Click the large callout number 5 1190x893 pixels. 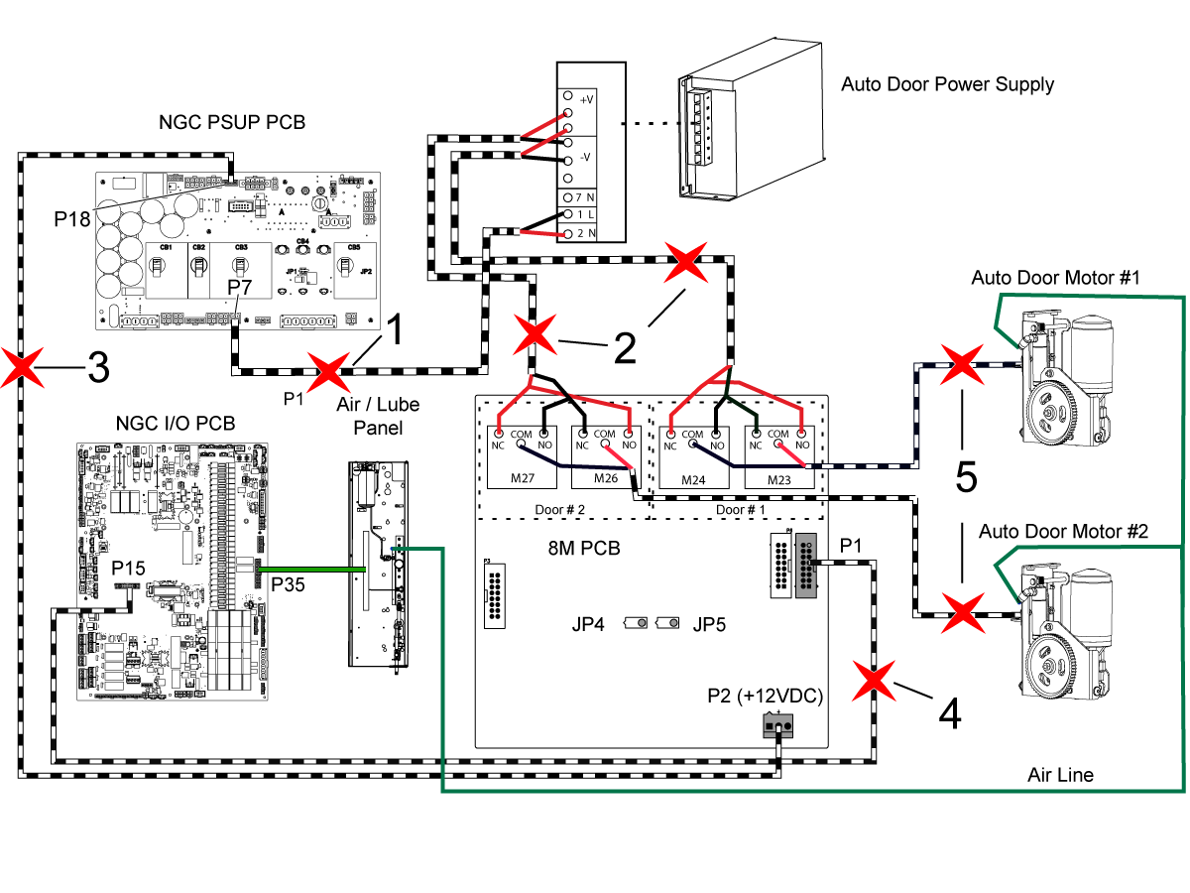(966, 476)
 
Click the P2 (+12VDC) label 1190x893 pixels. (767, 695)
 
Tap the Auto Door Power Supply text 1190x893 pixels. (947, 84)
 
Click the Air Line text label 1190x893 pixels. (1060, 774)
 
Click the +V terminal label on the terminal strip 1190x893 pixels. (586, 99)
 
